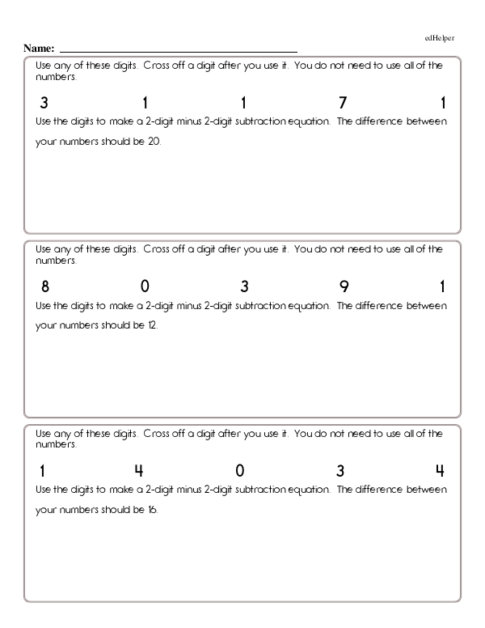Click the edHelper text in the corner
(x=439, y=38)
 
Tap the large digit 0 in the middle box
(x=144, y=286)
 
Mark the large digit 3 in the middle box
(x=243, y=286)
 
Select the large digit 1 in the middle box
(x=442, y=286)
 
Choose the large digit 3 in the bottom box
(x=340, y=470)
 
